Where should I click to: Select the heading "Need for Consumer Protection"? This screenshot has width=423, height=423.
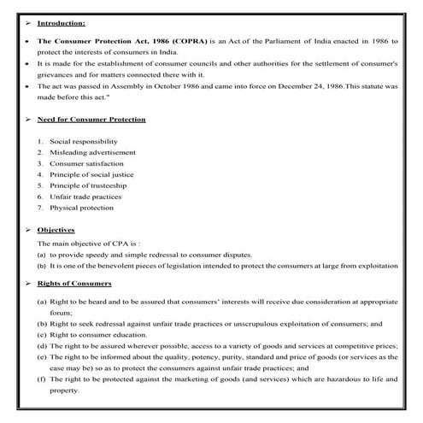(91, 120)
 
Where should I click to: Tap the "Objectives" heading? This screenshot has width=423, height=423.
(56, 230)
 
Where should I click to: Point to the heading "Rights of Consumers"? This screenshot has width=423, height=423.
(74, 283)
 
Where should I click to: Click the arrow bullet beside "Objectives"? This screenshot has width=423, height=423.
(27, 230)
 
